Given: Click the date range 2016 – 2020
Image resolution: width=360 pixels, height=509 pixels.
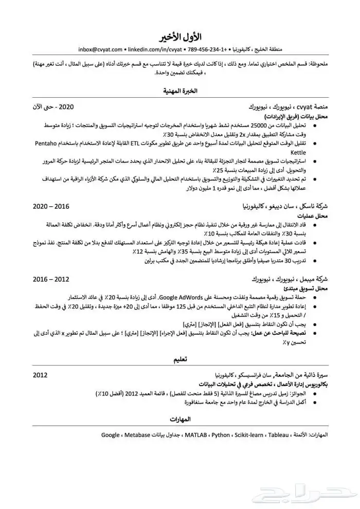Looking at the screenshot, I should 51,206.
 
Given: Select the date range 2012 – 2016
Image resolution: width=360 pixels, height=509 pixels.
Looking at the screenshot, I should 51,279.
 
